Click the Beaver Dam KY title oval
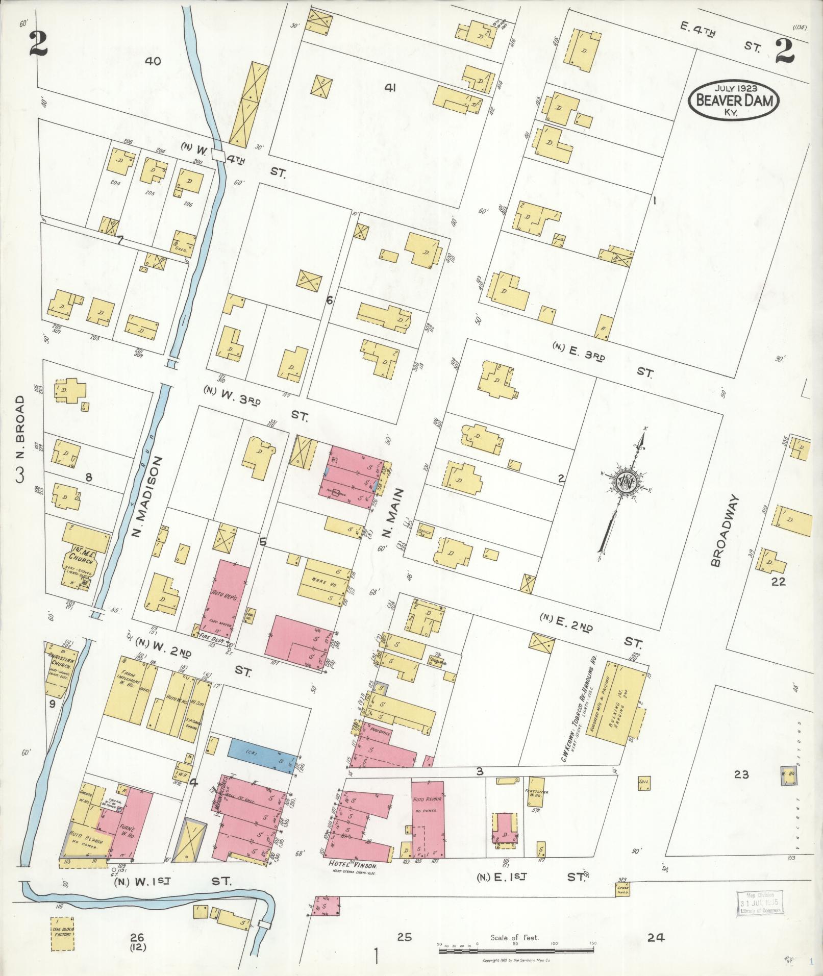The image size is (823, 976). (x=734, y=100)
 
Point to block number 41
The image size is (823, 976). (x=390, y=88)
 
